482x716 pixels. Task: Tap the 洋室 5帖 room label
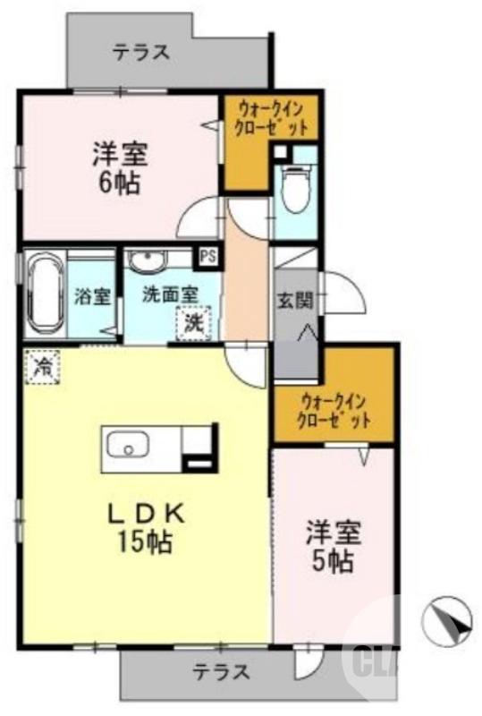(334, 546)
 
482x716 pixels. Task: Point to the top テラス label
(141, 52)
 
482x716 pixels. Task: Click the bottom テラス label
(221, 673)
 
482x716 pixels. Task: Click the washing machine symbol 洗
(193, 322)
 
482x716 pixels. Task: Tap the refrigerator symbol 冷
(42, 365)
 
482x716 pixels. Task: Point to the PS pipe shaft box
(207, 256)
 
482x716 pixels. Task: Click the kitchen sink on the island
(126, 444)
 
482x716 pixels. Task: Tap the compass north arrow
(447, 619)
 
